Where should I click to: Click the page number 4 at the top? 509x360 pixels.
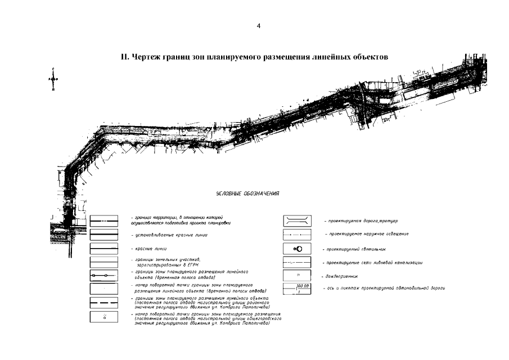pos(258,26)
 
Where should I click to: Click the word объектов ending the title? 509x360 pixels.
pos(370,57)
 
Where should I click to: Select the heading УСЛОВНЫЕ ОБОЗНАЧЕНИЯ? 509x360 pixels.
pos(248,194)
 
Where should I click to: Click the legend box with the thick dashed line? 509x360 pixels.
pos(104,303)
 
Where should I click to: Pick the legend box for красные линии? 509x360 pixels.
pos(104,248)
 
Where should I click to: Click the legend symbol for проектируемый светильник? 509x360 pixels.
pos(298,248)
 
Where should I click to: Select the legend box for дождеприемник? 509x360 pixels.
pos(298,276)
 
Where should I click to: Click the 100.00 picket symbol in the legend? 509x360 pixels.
pos(298,289)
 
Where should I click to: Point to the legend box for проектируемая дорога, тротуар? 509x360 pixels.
pos(298,220)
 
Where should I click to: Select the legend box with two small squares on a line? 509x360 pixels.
pos(104,276)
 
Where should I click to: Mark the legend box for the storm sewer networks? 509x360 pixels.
pos(298,262)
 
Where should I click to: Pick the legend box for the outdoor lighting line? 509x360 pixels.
pos(298,234)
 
